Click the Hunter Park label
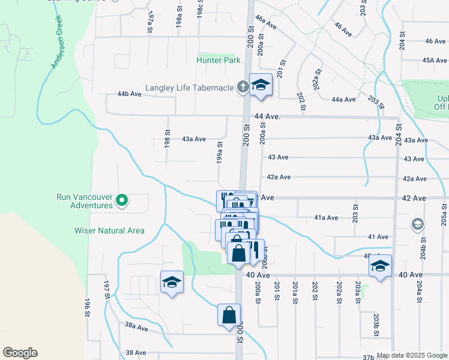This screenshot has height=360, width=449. tap(218, 60)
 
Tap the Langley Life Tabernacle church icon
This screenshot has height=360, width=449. tap(243, 88)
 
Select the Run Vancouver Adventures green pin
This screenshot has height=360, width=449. tap(122, 200)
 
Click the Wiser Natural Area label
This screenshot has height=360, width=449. tap(109, 230)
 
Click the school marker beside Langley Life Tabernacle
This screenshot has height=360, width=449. tap(261, 86)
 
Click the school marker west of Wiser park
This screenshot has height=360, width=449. tap(172, 283)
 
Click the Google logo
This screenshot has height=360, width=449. tap(20, 353)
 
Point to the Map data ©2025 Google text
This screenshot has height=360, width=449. tap(412, 355)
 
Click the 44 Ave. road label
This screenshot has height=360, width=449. tap(267, 116)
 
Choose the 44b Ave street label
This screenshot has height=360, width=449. tap(130, 94)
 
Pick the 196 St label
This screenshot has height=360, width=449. tap(87, 307)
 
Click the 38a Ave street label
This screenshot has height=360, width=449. tap(136, 328)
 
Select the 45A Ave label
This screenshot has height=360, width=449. tap(434, 61)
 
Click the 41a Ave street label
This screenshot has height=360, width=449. tap(327, 218)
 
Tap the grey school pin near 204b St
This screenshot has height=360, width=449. tap(417, 224)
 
